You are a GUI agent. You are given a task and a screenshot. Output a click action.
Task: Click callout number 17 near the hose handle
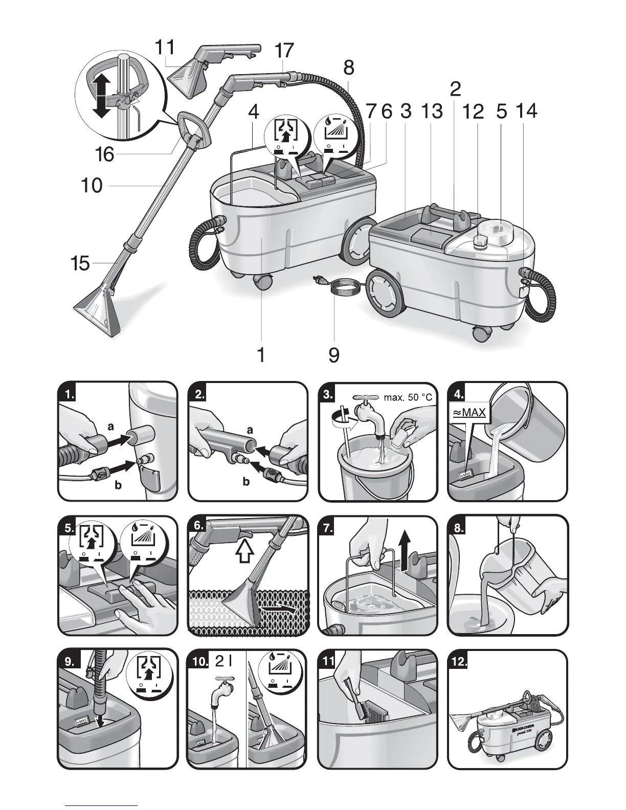click(x=284, y=51)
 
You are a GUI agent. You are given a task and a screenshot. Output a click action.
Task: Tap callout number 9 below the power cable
click(x=333, y=354)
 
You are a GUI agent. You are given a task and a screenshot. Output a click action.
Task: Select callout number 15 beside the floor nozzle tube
click(x=80, y=264)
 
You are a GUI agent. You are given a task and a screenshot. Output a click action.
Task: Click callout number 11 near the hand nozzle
click(x=165, y=48)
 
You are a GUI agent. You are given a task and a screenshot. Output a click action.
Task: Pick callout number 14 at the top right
click(x=527, y=111)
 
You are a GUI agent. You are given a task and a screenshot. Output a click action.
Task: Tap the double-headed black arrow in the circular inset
click(x=102, y=95)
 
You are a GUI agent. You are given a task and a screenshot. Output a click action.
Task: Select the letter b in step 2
click(x=246, y=482)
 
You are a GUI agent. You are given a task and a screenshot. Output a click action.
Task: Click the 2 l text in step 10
click(x=224, y=662)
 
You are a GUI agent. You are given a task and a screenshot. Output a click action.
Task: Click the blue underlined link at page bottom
click(x=102, y=804)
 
